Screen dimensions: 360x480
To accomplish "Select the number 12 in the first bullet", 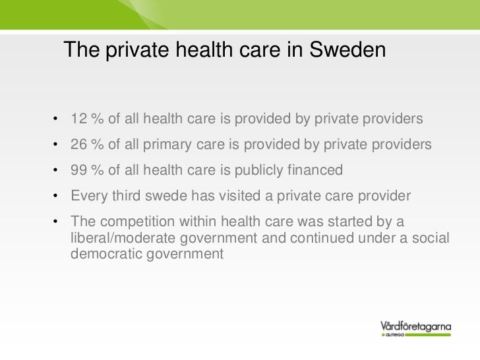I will pyautogui.click(x=78, y=120).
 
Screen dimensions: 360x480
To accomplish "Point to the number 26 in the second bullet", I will pyautogui.click(x=78, y=145).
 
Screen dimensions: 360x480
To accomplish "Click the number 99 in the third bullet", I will pyautogui.click(x=78, y=170).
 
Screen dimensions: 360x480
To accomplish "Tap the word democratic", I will pyautogui.click(x=104, y=253).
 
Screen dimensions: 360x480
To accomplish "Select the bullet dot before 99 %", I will pyautogui.click(x=58, y=170).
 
